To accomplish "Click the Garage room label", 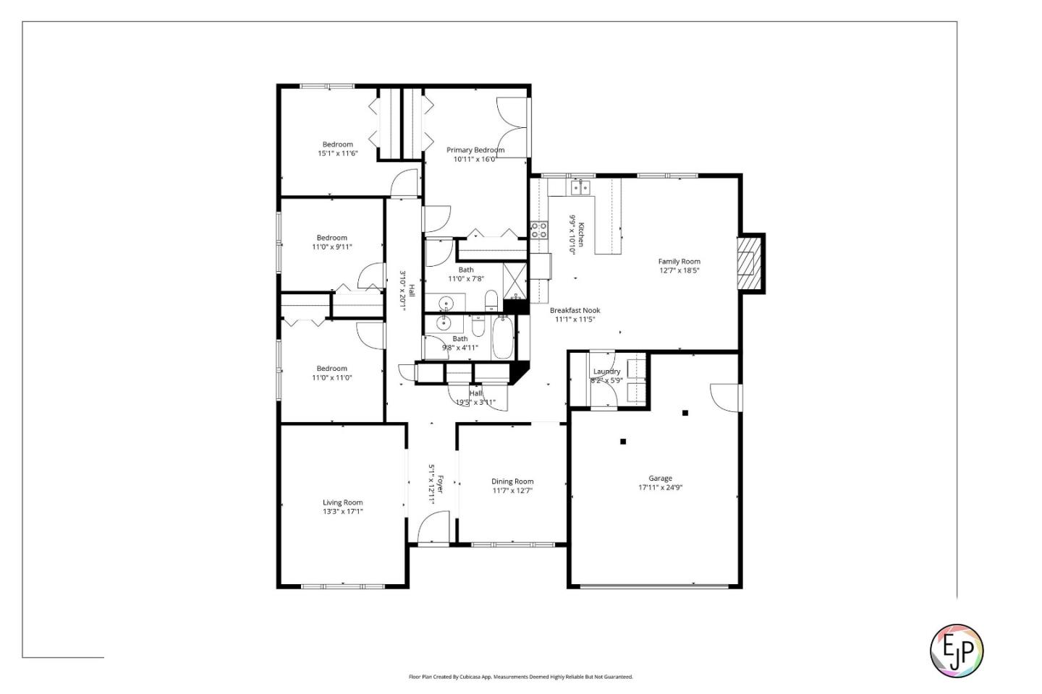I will [x=660, y=478].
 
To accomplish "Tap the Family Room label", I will [x=679, y=262].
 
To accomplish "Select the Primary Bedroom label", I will [x=475, y=150].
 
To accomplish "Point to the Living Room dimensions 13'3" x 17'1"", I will [x=342, y=512].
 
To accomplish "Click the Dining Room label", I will [x=512, y=481].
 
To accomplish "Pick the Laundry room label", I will [x=606, y=372].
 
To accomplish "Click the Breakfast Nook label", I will [x=575, y=311].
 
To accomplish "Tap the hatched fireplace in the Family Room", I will [x=750, y=263].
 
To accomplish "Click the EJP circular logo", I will [x=956, y=651].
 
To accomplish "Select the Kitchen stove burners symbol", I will [x=539, y=230].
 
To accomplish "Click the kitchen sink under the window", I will [x=580, y=188].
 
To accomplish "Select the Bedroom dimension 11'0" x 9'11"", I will [x=331, y=247].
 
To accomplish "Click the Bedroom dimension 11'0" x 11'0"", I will [x=331, y=377].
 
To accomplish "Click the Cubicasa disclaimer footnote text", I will [x=520, y=677].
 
